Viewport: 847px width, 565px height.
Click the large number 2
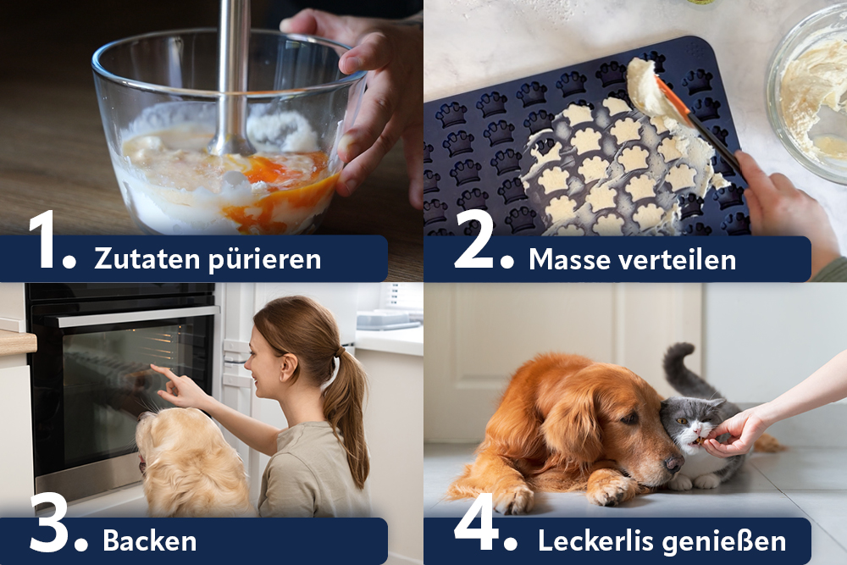click(x=473, y=240)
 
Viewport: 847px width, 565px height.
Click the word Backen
click(x=150, y=541)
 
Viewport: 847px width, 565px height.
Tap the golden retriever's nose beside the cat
click(x=673, y=463)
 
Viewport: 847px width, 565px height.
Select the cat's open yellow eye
click(x=682, y=421)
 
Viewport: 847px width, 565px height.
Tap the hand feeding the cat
click(x=732, y=434)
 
